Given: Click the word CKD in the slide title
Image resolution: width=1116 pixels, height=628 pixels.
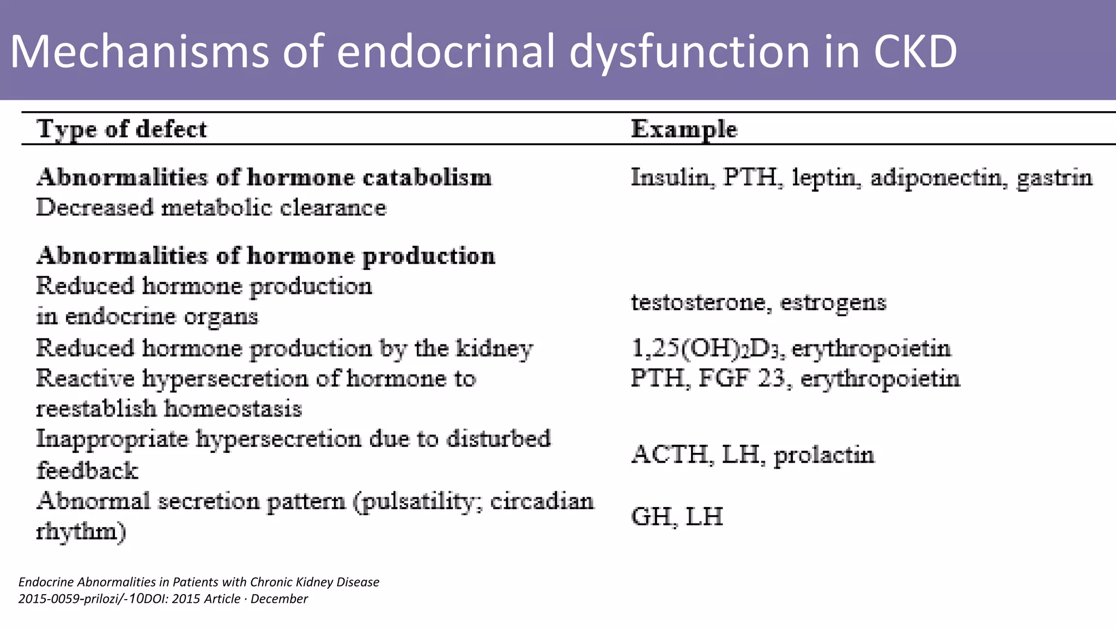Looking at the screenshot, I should (x=915, y=51).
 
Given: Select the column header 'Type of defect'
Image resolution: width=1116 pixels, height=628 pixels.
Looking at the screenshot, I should (x=122, y=130).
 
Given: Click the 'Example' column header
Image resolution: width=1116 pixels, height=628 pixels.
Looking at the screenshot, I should (x=684, y=130).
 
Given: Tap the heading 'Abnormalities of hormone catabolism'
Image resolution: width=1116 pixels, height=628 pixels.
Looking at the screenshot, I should (x=264, y=178).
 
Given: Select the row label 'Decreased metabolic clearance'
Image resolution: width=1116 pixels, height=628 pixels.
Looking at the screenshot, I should (x=211, y=208).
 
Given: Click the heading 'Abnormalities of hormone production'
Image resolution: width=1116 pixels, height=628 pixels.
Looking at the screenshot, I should (x=266, y=256).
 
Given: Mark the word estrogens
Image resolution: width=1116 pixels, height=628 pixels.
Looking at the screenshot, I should (x=833, y=303).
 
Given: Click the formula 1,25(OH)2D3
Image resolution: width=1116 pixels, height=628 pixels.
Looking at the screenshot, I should (x=708, y=348).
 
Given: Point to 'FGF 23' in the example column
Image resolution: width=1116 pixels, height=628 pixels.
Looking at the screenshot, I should (x=742, y=378).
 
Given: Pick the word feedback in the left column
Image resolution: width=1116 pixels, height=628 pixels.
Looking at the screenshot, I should (x=87, y=470).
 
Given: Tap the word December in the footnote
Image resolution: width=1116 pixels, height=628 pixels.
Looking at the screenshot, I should (x=279, y=599).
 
